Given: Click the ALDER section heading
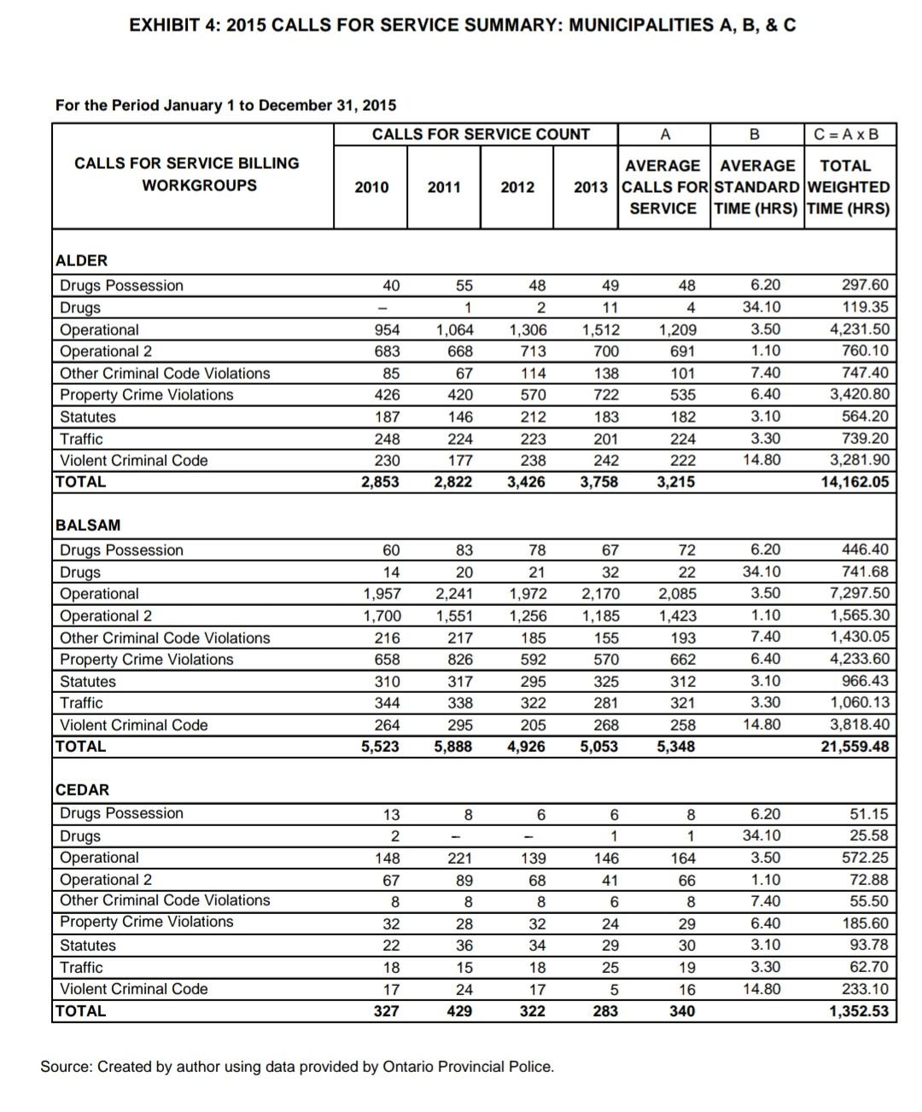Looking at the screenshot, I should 81,261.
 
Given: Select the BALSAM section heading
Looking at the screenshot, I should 88,526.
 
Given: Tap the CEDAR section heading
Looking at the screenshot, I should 82,790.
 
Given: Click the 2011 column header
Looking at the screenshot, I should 444,188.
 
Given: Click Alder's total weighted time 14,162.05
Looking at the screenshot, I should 855,482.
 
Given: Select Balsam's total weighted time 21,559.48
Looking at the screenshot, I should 855,747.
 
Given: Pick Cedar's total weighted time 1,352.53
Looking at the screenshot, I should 859,1011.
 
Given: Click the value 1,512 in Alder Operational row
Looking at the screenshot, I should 601,330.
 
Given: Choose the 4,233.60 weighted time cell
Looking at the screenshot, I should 860,660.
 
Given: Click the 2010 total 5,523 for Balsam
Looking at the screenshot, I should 380,747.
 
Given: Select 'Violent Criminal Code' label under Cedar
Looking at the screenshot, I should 134,989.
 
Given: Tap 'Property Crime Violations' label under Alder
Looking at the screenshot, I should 146,395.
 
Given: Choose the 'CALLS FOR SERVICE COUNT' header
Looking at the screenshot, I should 481,135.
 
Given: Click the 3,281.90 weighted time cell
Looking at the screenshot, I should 860,461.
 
